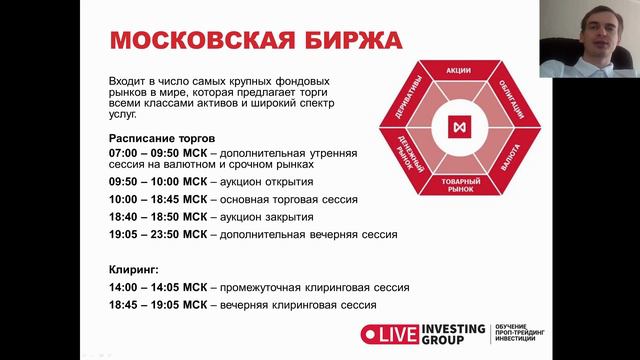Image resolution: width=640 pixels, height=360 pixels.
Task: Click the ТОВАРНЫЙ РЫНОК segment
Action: tap(459, 184)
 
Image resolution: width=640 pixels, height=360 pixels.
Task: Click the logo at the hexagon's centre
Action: tap(459, 129)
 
